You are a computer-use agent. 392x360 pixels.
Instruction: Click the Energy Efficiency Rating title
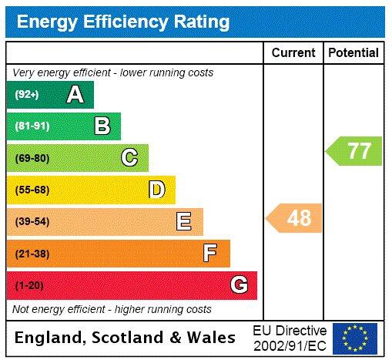[123, 22]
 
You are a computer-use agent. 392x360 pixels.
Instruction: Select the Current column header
[293, 52]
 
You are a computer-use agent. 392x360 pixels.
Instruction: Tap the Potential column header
[353, 52]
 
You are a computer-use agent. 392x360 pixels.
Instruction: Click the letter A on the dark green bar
[75, 95]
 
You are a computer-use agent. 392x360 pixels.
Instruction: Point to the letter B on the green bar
[102, 126]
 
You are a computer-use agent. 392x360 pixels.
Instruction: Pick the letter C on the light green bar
[129, 158]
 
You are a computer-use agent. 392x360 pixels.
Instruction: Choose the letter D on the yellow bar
[156, 190]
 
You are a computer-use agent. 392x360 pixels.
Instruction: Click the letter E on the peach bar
[183, 222]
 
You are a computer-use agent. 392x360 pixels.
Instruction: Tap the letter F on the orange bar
[210, 253]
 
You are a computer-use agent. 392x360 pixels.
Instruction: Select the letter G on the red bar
[239, 285]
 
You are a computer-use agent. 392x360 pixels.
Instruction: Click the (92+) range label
[27, 95]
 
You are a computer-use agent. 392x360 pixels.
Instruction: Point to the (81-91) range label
[32, 126]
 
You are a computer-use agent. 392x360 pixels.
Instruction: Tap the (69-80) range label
[32, 158]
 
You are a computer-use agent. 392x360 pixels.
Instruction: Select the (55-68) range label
[32, 190]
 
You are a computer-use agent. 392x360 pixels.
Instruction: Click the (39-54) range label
[32, 222]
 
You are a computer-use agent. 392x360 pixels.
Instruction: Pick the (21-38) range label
[32, 253]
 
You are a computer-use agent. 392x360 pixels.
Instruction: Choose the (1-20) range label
[29, 285]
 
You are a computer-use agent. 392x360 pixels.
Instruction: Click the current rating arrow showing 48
[295, 218]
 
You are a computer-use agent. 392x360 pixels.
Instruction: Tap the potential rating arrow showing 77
[355, 150]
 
